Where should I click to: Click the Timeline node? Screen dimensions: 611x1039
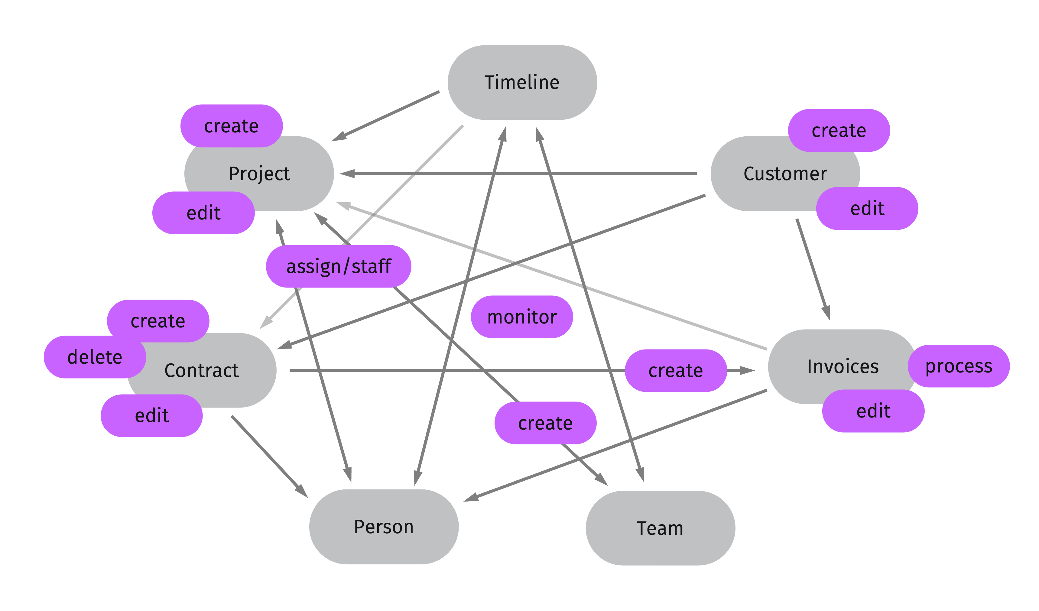coord(522,83)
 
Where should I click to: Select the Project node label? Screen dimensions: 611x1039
coord(259,174)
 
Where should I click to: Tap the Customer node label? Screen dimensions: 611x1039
coord(785,174)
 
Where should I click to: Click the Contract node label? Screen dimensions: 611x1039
coord(202,370)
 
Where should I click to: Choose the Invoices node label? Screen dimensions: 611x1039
coord(843,366)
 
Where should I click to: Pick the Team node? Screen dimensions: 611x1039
coord(660,528)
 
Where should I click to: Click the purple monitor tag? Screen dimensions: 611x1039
coord(522,317)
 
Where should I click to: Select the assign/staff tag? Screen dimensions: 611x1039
coord(339,266)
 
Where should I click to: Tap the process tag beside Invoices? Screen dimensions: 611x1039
coord(959,366)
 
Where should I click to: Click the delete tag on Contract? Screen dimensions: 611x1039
coord(95,357)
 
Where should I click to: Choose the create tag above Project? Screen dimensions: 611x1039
coord(231,126)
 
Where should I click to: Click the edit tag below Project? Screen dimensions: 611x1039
coord(204,213)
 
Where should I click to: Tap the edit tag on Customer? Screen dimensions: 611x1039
coord(867,208)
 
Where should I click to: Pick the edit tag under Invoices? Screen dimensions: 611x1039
coord(873,411)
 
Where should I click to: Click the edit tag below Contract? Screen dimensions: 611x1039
coord(152,416)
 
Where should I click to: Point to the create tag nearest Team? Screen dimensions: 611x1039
coord(545,423)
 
